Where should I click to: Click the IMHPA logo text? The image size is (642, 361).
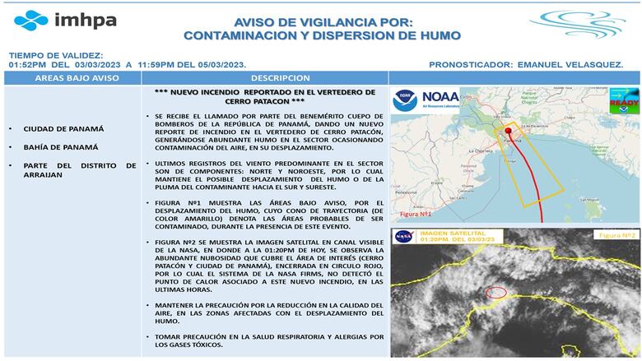[84, 20]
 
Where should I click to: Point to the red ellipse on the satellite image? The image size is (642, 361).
[496, 293]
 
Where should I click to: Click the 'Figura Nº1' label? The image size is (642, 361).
[416, 214]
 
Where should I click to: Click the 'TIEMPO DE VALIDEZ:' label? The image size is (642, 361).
[55, 53]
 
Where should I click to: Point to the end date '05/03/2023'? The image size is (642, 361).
[216, 63]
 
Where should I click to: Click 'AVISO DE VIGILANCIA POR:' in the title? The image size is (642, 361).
[322, 23]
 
